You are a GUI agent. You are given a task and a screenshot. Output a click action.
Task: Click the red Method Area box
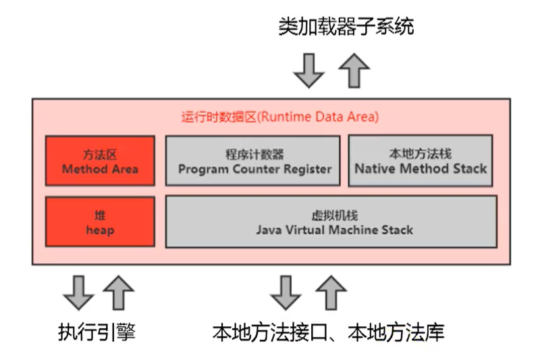pyautogui.click(x=100, y=161)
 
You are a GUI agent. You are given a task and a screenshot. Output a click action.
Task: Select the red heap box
pyautogui.click(x=100, y=222)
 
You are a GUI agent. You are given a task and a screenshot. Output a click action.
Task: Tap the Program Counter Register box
pyautogui.click(x=252, y=161)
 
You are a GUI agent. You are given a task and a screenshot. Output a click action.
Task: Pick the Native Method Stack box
pyautogui.click(x=421, y=161)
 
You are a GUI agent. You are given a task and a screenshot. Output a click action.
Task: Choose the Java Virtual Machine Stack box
pyautogui.click(x=331, y=222)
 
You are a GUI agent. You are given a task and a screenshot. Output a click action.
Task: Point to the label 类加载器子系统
pyautogui.click(x=346, y=27)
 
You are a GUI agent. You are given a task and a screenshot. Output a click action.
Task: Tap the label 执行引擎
pyautogui.click(x=97, y=332)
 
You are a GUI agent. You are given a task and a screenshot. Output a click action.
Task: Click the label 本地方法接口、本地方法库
pyautogui.click(x=329, y=332)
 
